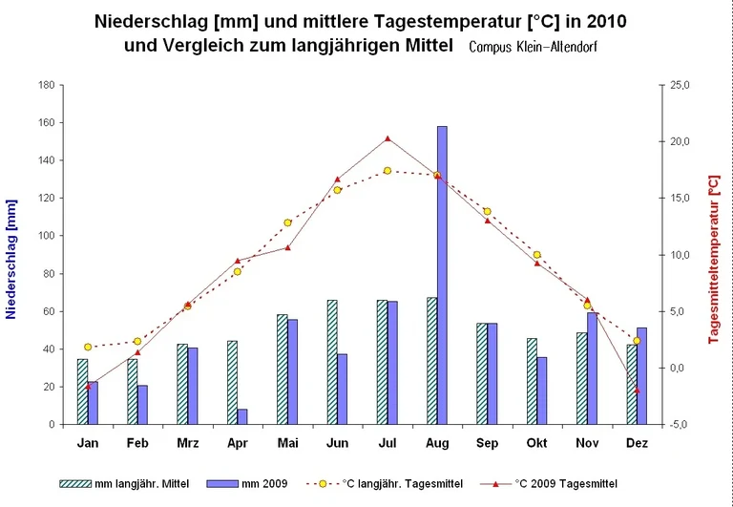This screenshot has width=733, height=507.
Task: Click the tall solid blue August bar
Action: pos(442,275)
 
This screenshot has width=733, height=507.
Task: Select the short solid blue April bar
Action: pos(242,416)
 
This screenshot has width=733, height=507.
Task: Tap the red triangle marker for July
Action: pos(387,138)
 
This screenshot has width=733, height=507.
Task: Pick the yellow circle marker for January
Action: pos(88,347)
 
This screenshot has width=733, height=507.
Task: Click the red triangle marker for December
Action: pos(637,391)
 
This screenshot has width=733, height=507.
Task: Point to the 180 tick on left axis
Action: pos(46,85)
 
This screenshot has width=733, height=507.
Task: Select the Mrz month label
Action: pos(187,443)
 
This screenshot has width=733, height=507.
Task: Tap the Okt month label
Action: pos(536,443)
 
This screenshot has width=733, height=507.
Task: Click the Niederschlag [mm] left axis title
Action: pos(12,254)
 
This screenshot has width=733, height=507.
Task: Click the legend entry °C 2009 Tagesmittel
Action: pos(562,484)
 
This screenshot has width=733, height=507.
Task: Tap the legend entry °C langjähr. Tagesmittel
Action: pos(400,484)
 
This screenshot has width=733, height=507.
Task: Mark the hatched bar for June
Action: pos(332,362)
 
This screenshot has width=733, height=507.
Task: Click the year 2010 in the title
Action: pos(609,21)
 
